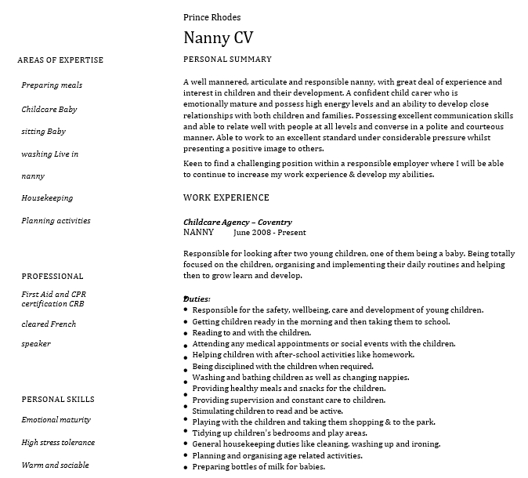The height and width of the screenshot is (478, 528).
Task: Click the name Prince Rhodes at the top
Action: click(212, 17)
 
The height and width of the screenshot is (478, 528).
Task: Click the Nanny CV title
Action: click(218, 38)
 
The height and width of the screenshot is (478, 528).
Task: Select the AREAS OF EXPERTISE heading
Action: click(60, 60)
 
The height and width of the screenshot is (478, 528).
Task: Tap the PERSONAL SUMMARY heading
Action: click(227, 60)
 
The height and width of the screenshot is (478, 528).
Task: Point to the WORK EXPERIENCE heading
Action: click(226, 197)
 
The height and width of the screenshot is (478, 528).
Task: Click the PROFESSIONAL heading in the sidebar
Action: click(52, 277)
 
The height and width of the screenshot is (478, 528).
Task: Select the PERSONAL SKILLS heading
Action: click(58, 400)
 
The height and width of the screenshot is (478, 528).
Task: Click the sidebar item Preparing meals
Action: click(52, 85)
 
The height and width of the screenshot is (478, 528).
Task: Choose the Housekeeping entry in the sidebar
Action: click(47, 198)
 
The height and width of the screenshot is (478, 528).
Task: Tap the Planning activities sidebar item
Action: click(56, 221)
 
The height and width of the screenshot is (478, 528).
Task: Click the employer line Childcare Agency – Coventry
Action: click(237, 223)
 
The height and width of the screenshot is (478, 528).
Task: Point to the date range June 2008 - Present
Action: click(269, 233)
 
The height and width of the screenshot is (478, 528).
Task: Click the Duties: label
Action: click(197, 299)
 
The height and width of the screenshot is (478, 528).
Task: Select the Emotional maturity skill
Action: click(56, 420)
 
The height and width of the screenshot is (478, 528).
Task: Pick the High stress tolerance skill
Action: click(58, 443)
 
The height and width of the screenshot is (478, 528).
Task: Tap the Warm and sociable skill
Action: click(55, 465)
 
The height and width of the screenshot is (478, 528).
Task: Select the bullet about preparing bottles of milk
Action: click(259, 467)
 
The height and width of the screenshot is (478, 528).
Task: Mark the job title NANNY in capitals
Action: click(198, 233)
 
